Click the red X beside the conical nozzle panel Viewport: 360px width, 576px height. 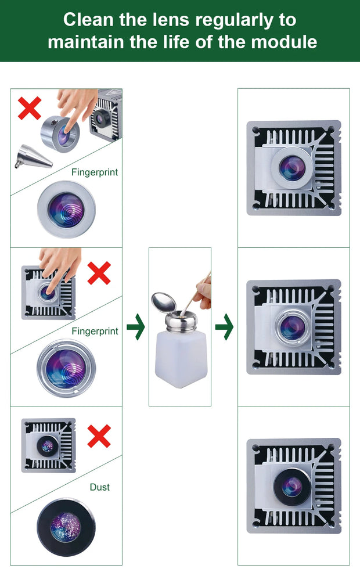[30, 109]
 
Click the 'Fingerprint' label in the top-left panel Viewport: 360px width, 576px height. [95, 172]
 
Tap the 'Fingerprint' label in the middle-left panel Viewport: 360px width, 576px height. [95, 331]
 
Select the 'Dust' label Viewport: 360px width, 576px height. [99, 487]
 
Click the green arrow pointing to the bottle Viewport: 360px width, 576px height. [136, 327]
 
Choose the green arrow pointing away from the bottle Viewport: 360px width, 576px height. [224, 327]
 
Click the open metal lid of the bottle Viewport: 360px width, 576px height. [163, 301]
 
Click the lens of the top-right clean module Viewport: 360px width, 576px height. [291, 167]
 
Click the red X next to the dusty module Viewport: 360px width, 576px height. [99, 436]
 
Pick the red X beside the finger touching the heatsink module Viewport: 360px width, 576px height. [99, 273]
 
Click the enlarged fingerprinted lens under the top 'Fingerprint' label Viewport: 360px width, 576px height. [66, 208]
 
